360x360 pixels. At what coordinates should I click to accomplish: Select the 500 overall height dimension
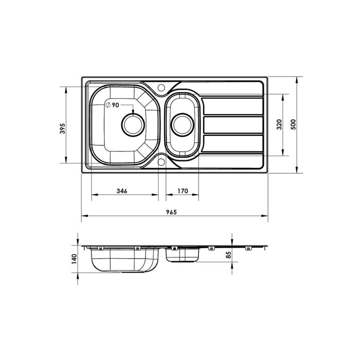pyautogui.click(x=294, y=124)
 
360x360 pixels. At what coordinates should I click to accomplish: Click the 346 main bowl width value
pyautogui.click(x=122, y=191)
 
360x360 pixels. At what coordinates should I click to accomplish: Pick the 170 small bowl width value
pyautogui.click(x=182, y=191)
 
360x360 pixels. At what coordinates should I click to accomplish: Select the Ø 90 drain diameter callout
pyautogui.click(x=112, y=105)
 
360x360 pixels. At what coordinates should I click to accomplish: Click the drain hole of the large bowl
pyautogui.click(x=134, y=124)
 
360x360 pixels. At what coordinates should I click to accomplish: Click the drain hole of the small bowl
pyautogui.click(x=182, y=124)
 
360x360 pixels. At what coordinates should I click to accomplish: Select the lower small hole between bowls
pyautogui.click(x=162, y=163)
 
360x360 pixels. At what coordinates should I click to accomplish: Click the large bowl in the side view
pyautogui.click(x=122, y=261)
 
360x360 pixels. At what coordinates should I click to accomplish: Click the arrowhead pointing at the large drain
pyautogui.click(x=134, y=113)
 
